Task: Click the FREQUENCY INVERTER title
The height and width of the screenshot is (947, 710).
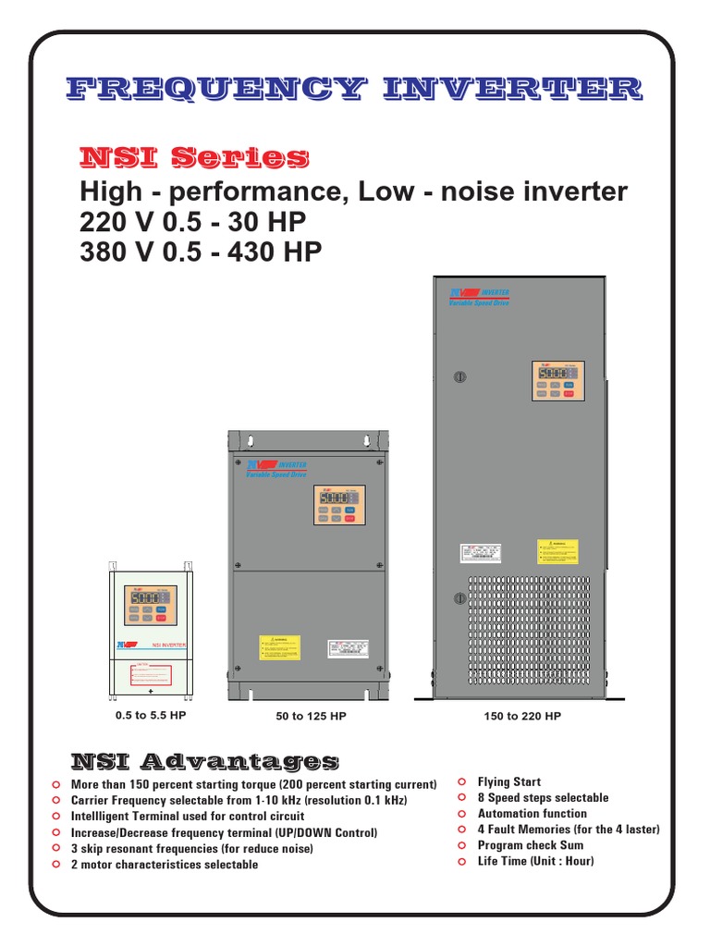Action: tap(355, 90)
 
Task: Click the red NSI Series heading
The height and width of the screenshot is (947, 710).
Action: tap(194, 157)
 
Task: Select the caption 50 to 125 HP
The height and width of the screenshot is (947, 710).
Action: tap(305, 716)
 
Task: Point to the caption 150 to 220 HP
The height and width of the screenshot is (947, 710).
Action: tap(522, 716)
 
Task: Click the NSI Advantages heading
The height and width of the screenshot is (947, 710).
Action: tap(204, 761)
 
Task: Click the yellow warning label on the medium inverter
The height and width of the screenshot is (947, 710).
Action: tap(279, 647)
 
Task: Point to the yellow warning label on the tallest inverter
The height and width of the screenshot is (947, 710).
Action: tap(557, 552)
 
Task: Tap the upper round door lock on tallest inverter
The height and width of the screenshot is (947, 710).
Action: tap(460, 377)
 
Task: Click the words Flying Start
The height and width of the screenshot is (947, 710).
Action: tap(508, 782)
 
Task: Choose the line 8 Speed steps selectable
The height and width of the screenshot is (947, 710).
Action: tap(543, 798)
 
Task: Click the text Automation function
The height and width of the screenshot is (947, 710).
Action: tap(532, 814)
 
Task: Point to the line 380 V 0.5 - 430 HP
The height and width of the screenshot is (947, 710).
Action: tap(202, 252)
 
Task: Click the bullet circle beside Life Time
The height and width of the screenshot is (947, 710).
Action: tap(461, 861)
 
